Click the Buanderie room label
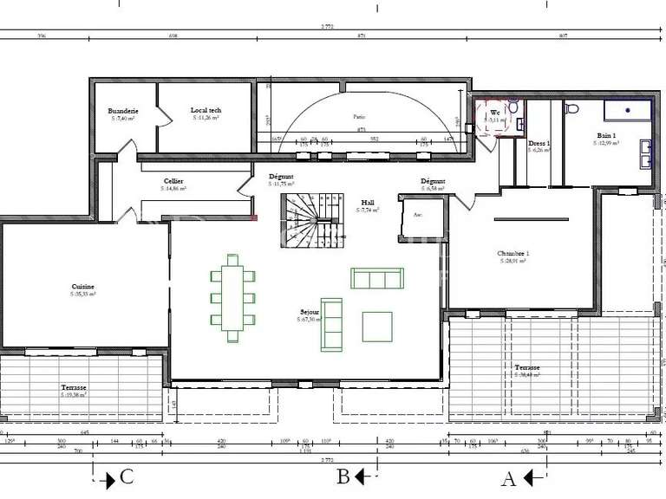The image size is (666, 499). point(123,111)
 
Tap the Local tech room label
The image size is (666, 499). point(206,110)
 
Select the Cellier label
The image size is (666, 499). point(172,181)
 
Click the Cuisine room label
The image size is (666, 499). point(83,287)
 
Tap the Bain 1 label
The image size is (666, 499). point(606,135)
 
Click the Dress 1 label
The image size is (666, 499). point(539,143)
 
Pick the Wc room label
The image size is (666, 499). point(495,113)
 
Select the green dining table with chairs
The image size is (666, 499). point(232,292)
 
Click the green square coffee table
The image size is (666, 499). point(378,327)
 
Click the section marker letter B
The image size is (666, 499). point(343,476)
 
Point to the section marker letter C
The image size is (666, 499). point(127,476)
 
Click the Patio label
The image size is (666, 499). point(358,116)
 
